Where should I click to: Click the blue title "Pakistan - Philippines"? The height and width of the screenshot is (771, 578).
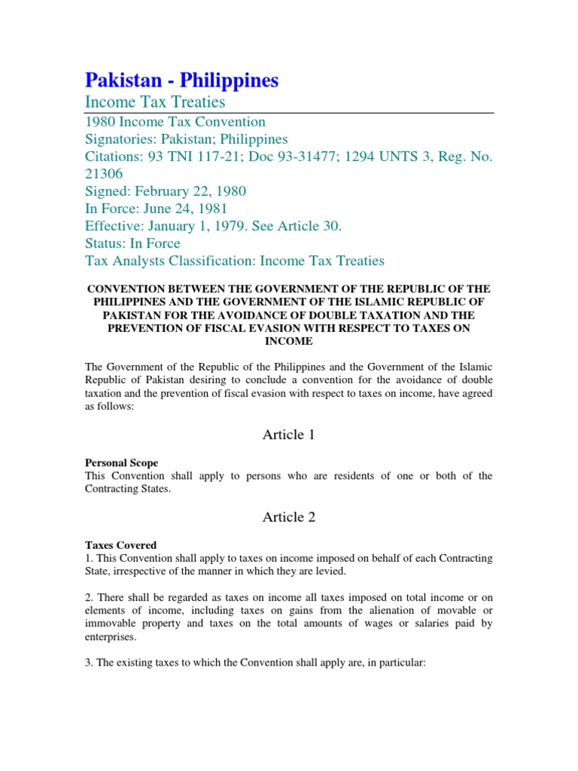[x=181, y=80]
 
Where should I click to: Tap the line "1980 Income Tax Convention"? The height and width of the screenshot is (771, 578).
[x=175, y=122]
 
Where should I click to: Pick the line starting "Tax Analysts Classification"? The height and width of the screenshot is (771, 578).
[x=234, y=261]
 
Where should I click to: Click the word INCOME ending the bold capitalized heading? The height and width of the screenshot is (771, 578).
[x=288, y=340]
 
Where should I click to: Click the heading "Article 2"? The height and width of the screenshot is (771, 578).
[x=289, y=517]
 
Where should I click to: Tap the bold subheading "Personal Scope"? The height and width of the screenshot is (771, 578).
[x=121, y=462]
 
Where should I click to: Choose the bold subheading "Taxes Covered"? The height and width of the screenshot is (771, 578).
[x=120, y=544]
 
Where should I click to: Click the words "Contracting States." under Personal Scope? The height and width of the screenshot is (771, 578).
[x=129, y=489]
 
